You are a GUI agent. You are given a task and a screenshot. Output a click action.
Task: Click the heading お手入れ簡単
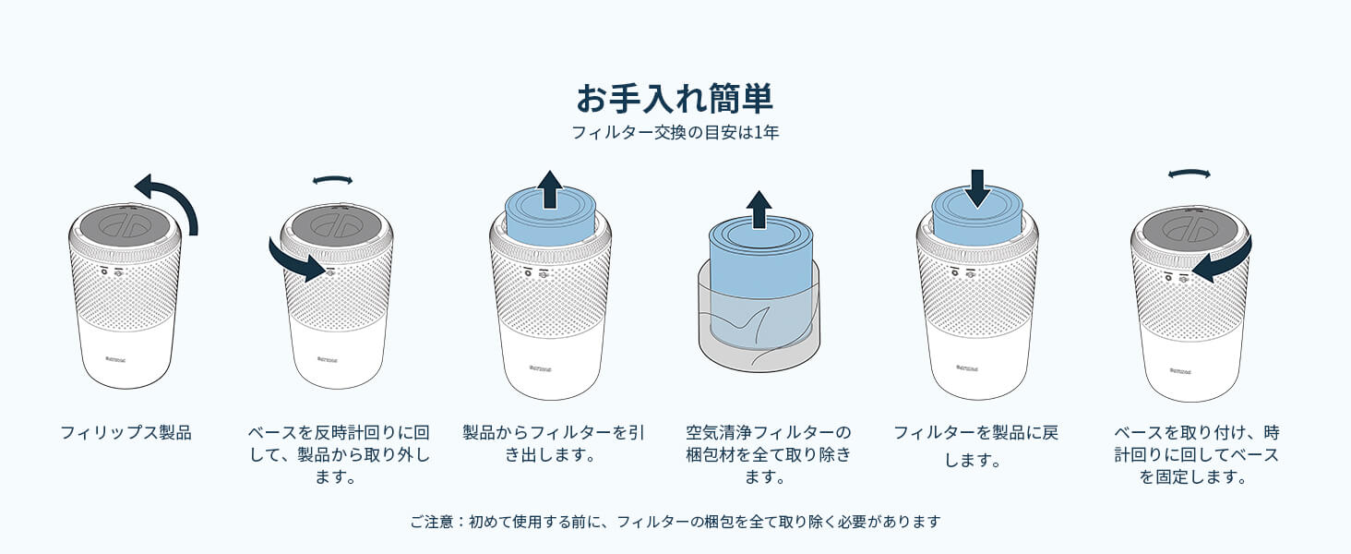[x=675, y=99]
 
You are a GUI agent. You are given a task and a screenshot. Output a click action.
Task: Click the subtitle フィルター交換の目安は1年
[x=675, y=132]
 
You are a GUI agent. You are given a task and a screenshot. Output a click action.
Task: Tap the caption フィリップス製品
[x=126, y=433]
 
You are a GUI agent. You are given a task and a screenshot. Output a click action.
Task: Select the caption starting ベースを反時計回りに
[x=339, y=454]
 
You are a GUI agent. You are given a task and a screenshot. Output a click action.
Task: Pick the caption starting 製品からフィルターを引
[x=554, y=443]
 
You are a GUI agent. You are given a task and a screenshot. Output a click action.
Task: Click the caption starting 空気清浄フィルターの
[x=769, y=454]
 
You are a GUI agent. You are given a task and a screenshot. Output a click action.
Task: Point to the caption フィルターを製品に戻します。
[x=975, y=446]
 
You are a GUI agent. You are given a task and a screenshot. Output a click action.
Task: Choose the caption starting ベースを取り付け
[x=1197, y=454]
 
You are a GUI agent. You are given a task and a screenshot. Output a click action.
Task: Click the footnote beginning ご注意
[x=675, y=522]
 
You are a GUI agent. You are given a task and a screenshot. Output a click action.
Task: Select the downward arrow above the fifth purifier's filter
[x=977, y=189]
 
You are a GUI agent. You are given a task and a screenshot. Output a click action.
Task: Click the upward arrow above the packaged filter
[x=759, y=210]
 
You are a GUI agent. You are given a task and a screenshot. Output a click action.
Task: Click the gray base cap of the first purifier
[x=125, y=224]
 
